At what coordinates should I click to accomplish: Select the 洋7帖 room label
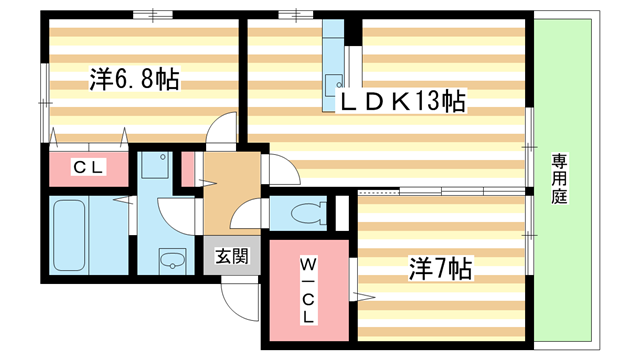coord(439,268)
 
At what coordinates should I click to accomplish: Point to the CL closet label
coord(87,168)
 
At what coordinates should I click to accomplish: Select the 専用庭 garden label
coord(559,180)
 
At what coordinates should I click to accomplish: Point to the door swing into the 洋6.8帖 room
coord(222,130)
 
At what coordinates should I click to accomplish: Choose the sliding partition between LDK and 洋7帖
coord(440,189)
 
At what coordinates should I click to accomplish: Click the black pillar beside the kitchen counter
coord(352,29)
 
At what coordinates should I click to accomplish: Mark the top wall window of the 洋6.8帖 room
coord(146,15)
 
